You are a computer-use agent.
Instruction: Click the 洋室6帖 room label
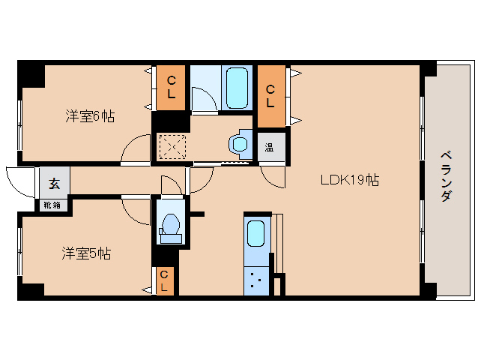(90, 116)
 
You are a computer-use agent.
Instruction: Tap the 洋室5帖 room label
(86, 253)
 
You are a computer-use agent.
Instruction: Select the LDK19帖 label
(349, 180)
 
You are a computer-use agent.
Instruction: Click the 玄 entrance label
(55, 182)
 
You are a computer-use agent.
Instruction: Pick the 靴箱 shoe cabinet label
(52, 204)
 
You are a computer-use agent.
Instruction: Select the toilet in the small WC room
(170, 226)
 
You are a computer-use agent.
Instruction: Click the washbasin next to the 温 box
(240, 142)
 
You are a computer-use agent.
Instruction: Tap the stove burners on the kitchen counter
(255, 282)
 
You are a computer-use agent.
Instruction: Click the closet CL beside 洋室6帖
(172, 87)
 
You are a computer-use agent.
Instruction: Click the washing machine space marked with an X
(172, 146)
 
